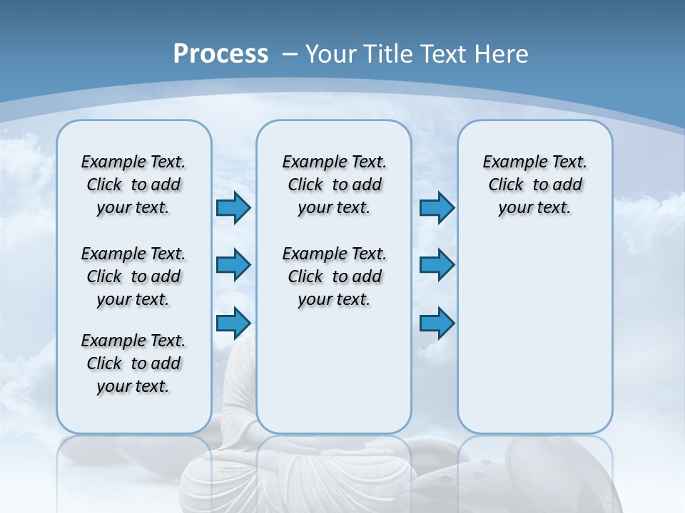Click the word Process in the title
coord(220,53)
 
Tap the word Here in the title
coord(502,53)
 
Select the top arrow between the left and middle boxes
coord(233,208)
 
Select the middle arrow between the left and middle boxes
coord(233,265)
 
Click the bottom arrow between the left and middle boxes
coord(233,323)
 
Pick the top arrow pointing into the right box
coord(437,208)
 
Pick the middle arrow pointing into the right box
coord(437,265)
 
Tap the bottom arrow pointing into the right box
coord(437,323)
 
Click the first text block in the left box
coord(133,185)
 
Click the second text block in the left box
coord(133,276)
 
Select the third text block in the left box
coord(133,363)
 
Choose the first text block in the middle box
coord(334,185)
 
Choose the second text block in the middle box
coord(334,276)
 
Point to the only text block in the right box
coord(534,185)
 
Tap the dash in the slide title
coord(290,54)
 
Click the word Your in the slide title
coord(330,53)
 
